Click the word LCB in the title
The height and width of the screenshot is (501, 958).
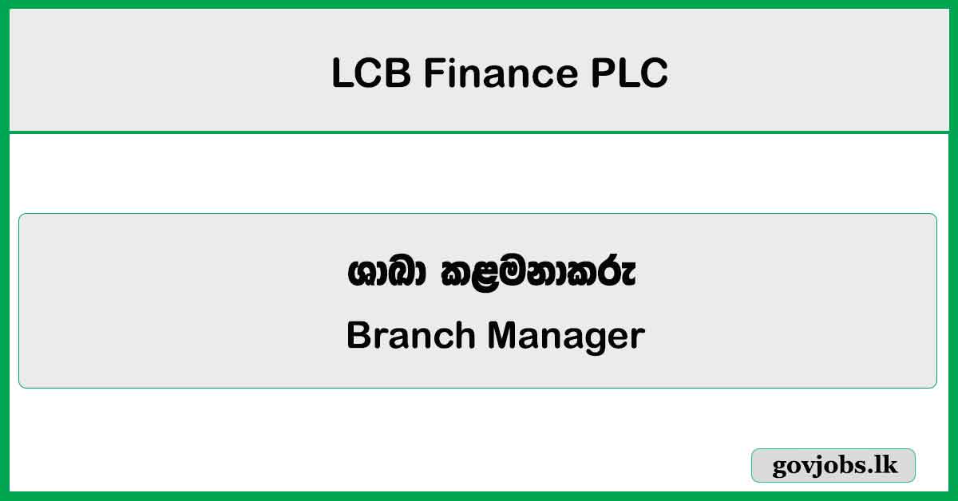(370, 74)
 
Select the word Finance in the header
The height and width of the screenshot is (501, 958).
(499, 74)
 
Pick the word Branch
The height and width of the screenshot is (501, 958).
(411, 336)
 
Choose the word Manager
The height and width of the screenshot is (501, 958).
(567, 337)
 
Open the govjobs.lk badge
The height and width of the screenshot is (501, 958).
(833, 466)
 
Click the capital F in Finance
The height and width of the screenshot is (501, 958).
(432, 74)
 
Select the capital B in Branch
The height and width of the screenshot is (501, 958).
(357, 336)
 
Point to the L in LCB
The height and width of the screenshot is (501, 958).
(340, 74)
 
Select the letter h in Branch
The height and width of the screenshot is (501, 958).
(468, 336)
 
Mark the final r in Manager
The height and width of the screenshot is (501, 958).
(638, 338)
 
